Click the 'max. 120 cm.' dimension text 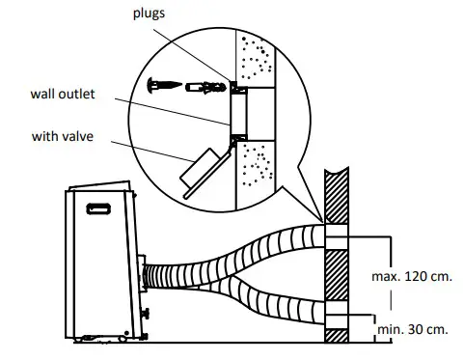[x=411, y=277]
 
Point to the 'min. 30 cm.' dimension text [x=412, y=329]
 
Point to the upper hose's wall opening [x=334, y=237]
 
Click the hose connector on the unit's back [x=145, y=277]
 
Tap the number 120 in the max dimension [x=411, y=277]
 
